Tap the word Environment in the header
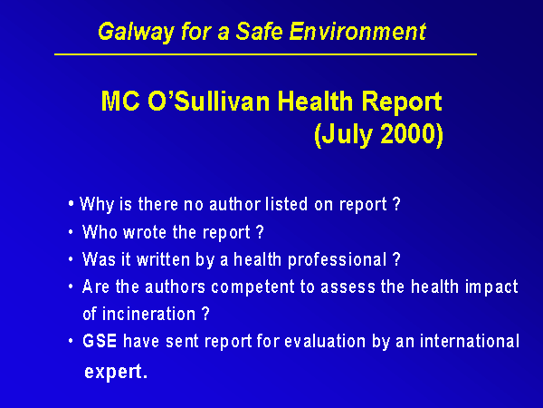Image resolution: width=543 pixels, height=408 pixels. pos(357,31)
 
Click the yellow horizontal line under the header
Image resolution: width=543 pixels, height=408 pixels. pos(265,54)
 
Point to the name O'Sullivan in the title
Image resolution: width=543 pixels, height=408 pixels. pos(209,102)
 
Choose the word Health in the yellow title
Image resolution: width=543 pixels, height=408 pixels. pos(316,102)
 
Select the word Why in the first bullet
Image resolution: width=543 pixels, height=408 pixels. pos(97,204)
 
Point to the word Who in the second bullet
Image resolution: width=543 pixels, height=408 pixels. pos(100,232)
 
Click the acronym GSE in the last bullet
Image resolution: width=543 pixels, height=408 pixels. pos(100,341)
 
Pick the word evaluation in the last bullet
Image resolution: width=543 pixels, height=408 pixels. pos(325,342)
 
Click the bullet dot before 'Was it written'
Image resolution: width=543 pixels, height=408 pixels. pos(71,259)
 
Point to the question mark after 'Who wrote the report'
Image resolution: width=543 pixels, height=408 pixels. pos(261,232)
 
